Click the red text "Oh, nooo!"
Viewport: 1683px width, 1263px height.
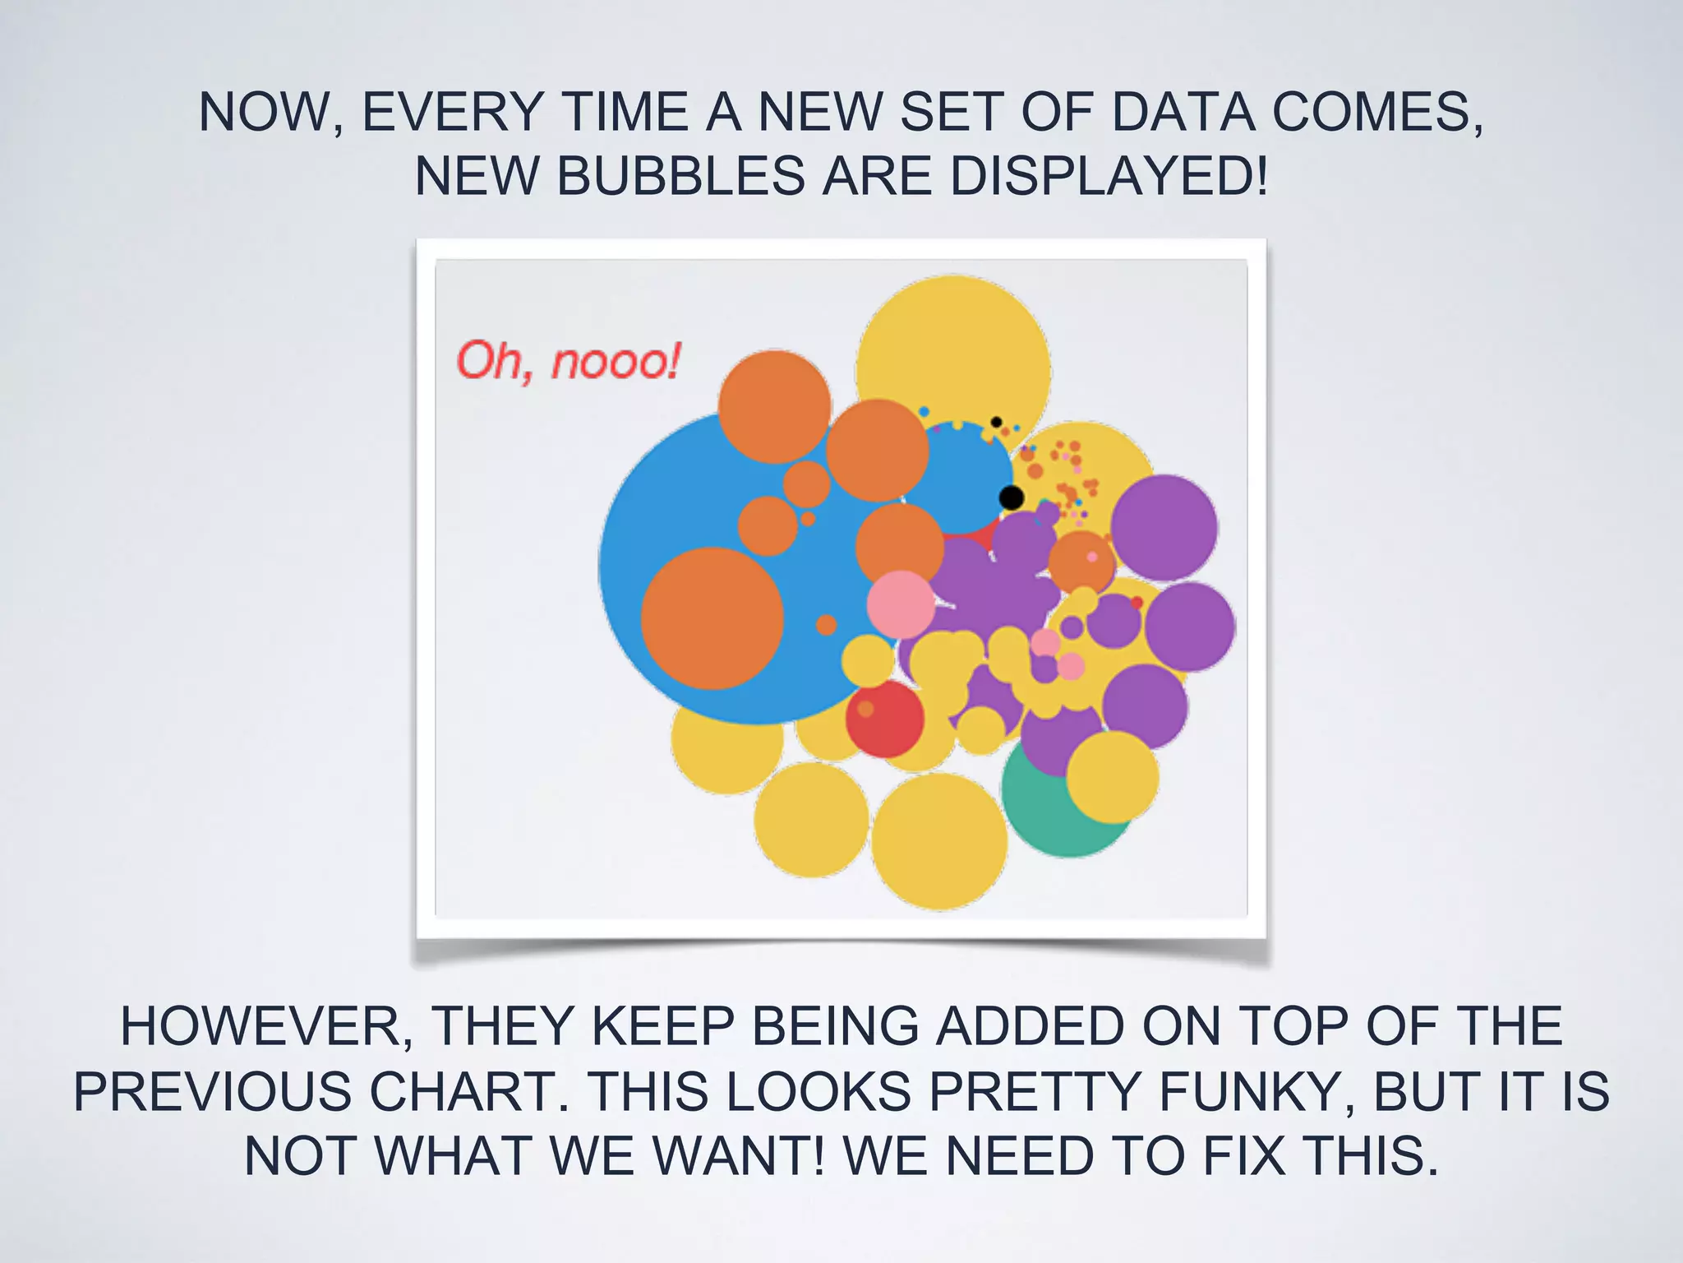click(x=568, y=362)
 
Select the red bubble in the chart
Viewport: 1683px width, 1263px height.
click(x=884, y=719)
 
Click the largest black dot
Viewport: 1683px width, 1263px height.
click(x=1011, y=497)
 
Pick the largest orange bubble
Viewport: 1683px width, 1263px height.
click(x=712, y=618)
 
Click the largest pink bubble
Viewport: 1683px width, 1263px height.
click(x=901, y=604)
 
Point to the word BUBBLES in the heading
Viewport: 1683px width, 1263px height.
click(x=681, y=176)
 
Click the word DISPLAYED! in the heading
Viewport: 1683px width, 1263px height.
click(x=1109, y=176)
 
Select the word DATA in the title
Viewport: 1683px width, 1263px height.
click(x=1183, y=112)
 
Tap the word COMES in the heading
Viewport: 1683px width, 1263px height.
click(x=1377, y=112)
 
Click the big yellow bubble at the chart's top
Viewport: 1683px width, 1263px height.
click(x=953, y=345)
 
